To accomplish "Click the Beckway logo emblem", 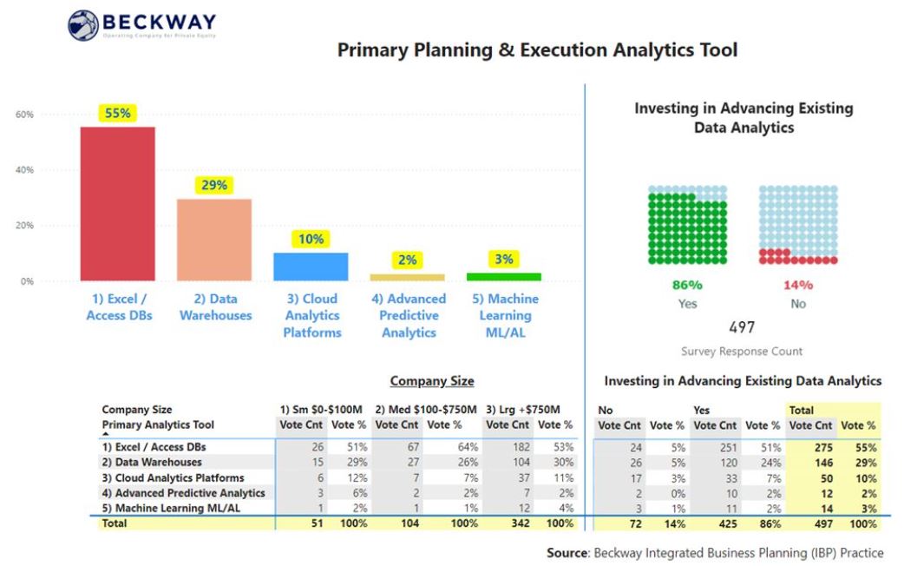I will coord(84,25).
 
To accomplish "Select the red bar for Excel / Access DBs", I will coord(118,204).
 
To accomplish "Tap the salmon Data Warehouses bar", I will coord(214,240).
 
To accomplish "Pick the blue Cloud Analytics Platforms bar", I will coord(311,267).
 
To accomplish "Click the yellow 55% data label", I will coord(118,113).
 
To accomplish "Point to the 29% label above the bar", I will coord(214,185).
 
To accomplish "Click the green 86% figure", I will coord(687,285).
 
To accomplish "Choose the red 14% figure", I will coord(798,285).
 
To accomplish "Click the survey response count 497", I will coord(741,327).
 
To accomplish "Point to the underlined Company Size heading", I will coord(431,381).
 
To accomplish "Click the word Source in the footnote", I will coord(567,553).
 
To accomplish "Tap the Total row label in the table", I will coord(114,523).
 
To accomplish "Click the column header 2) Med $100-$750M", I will coord(425,410).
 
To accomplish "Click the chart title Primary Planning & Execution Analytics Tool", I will coord(537,50).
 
